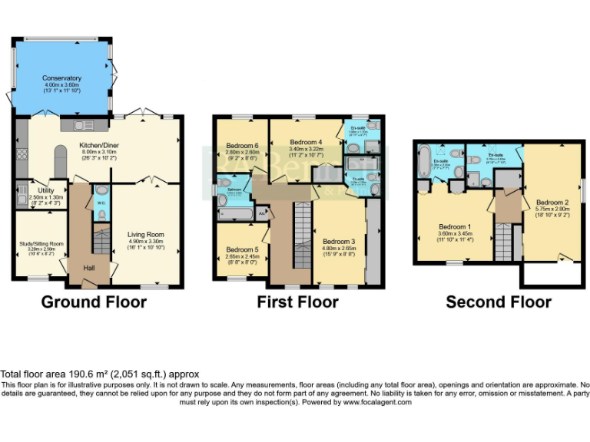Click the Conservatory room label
click(x=62, y=78)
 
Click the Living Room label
click(x=145, y=235)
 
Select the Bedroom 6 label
click(x=241, y=147)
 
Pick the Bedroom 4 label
click(x=304, y=142)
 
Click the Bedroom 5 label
click(x=241, y=250)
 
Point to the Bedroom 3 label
click(x=339, y=242)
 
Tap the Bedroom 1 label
click(x=455, y=227)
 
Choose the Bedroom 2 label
click(x=552, y=202)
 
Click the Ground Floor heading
click(x=94, y=302)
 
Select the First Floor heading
click(x=297, y=302)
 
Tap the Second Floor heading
click(x=499, y=302)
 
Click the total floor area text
click(x=100, y=374)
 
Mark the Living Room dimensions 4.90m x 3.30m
click(x=145, y=242)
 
